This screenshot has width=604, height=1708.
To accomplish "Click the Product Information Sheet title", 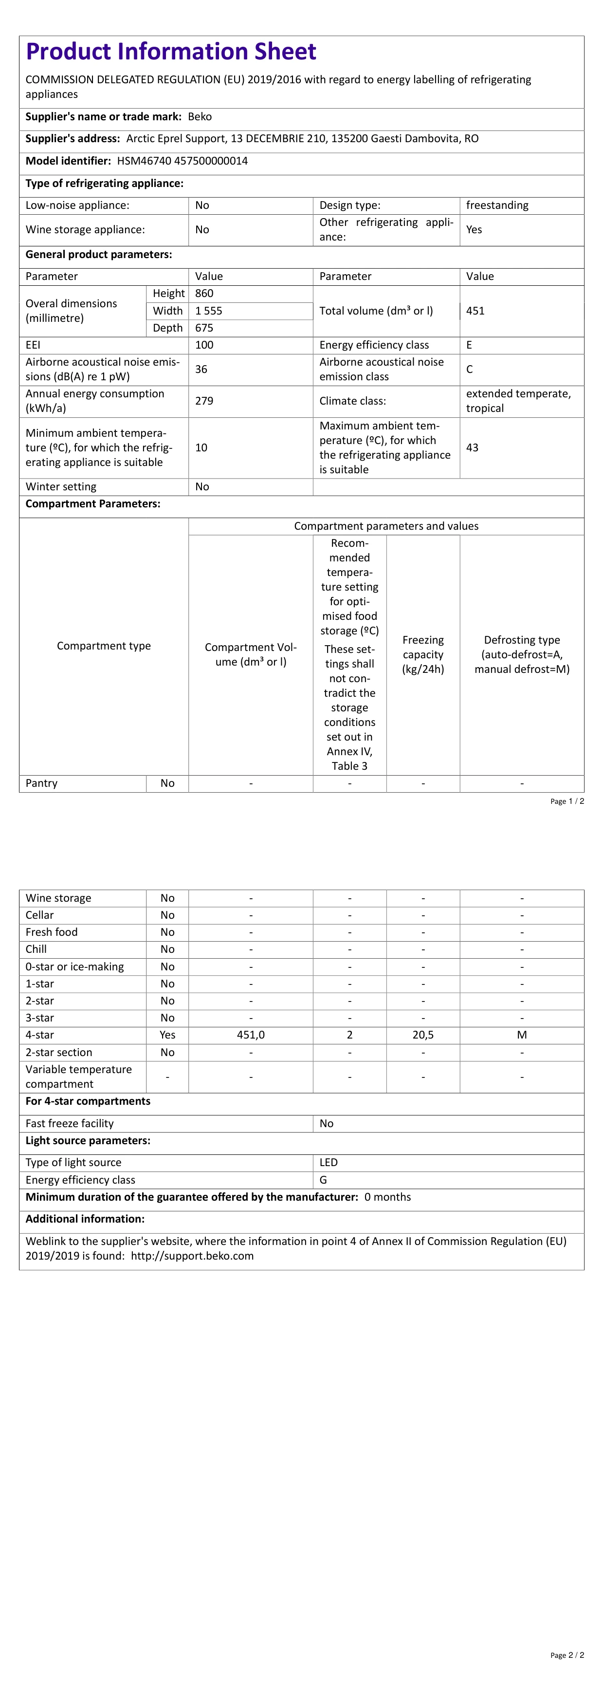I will click(x=170, y=52).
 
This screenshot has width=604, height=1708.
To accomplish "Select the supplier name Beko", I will click(x=200, y=117).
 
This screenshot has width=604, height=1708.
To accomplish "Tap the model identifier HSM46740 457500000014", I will click(x=183, y=161).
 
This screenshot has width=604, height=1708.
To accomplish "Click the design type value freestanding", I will click(x=497, y=205).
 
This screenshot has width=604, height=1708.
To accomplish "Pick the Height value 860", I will click(x=204, y=294).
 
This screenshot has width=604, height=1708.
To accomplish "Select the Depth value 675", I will click(x=204, y=328).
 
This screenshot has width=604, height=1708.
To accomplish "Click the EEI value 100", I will click(x=204, y=345).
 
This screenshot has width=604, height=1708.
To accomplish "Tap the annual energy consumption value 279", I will click(x=204, y=401).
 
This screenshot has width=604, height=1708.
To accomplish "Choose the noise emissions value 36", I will click(x=201, y=370).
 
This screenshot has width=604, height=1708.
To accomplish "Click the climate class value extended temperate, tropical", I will click(x=518, y=401).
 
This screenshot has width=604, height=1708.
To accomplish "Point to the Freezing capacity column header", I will click(x=423, y=655).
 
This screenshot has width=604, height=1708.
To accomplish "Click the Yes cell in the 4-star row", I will click(x=168, y=1036).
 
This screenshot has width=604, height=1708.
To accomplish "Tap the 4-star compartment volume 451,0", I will click(x=251, y=1036).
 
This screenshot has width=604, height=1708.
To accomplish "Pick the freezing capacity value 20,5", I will click(x=423, y=1036).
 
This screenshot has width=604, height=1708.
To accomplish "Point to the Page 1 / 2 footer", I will click(x=567, y=801).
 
